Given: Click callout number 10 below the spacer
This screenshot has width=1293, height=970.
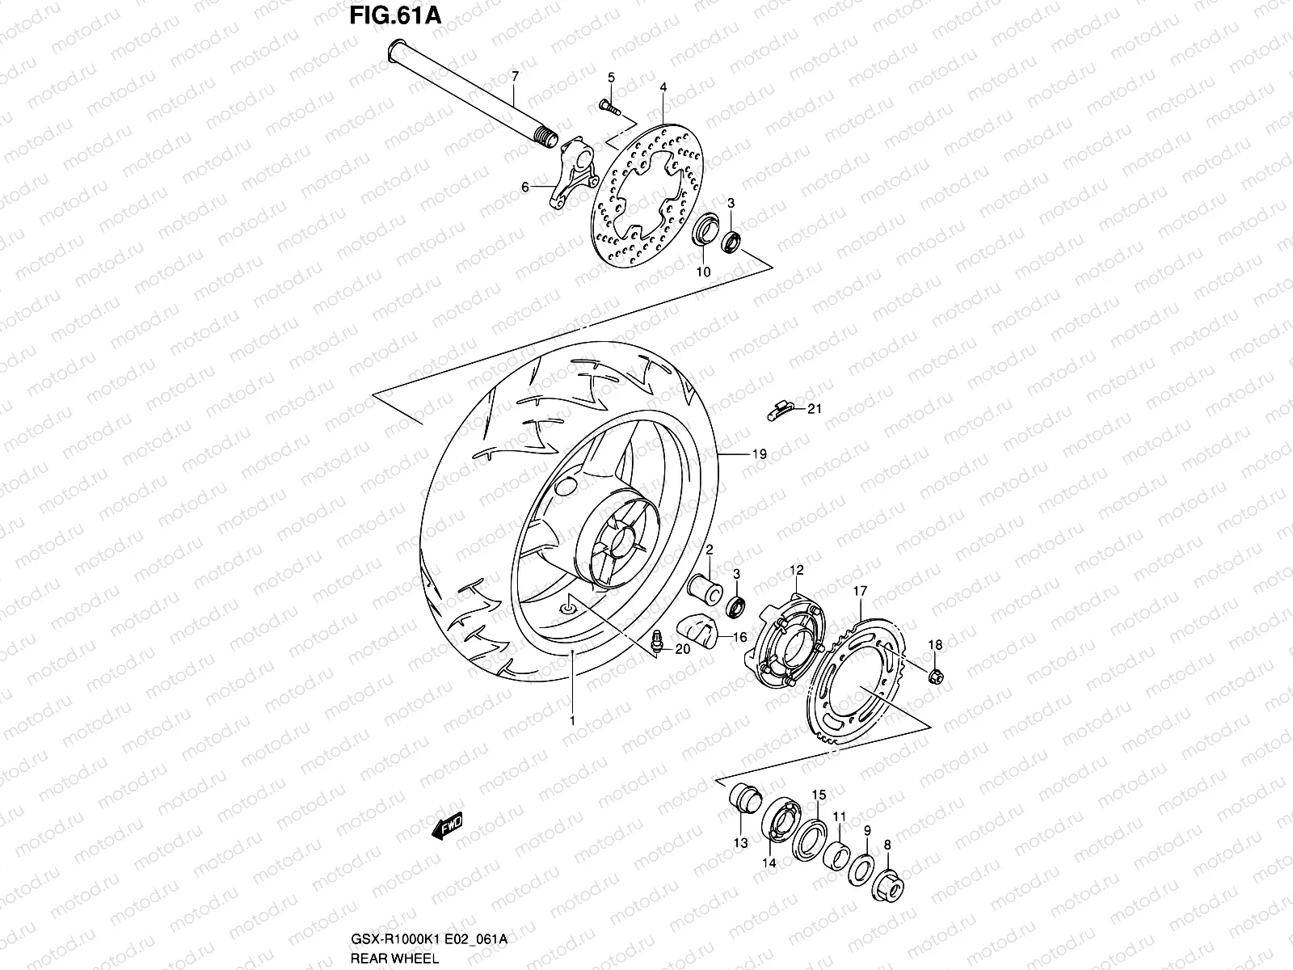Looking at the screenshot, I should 703,272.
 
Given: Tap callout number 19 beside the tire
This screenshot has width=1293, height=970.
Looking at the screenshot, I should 759,454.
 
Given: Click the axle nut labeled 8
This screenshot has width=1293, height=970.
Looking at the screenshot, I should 887,887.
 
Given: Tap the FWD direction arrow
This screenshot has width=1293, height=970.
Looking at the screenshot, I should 447,829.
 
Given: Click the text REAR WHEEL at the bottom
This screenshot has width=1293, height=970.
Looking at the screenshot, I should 395,958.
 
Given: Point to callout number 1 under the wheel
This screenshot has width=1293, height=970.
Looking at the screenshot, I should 571,720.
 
